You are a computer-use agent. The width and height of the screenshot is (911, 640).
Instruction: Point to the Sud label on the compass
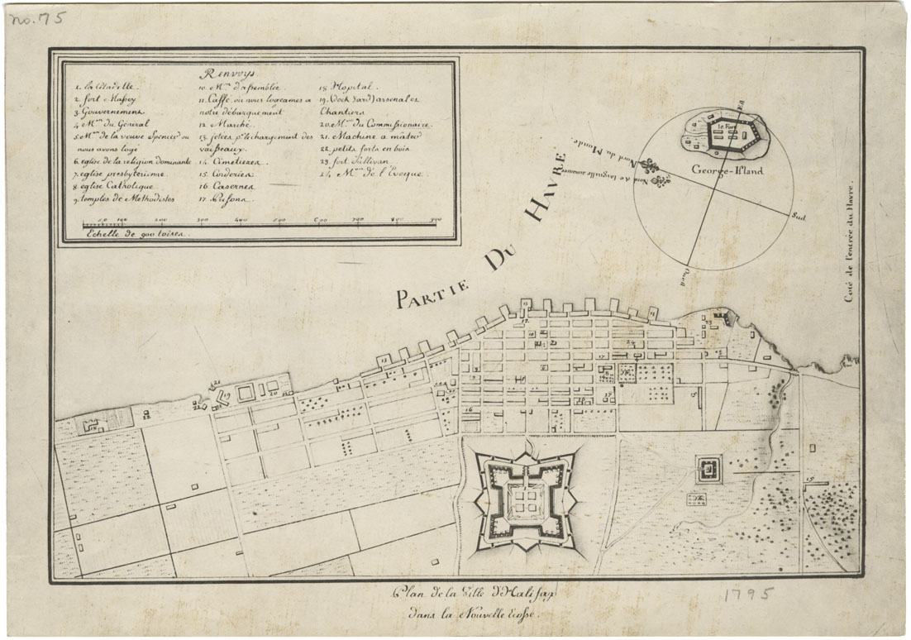point(799,216)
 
